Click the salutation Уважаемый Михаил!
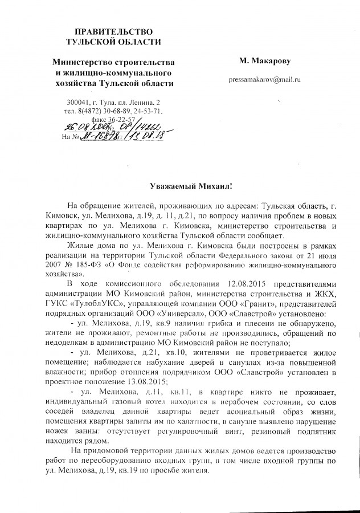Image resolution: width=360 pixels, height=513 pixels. (179, 187)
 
